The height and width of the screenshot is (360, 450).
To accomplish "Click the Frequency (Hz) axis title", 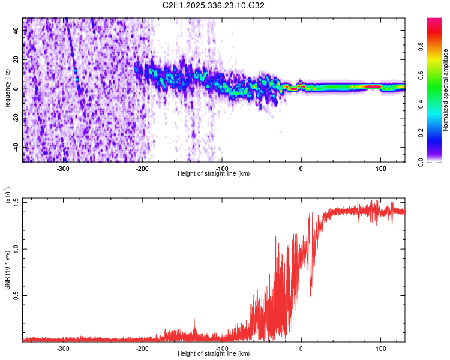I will tap(7, 89).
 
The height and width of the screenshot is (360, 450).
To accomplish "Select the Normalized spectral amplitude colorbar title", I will tap(445, 89).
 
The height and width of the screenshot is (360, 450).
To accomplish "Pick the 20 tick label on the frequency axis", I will tap(16, 59).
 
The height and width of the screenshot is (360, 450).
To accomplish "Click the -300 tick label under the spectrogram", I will tap(64, 169).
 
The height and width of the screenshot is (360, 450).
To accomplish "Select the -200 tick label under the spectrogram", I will tap(143, 169).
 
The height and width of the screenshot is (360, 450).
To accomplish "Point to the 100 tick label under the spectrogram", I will tap(380, 169).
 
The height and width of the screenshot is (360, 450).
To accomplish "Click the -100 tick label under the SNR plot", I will tap(222, 349).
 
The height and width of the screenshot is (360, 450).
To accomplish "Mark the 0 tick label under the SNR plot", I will tap(301, 349).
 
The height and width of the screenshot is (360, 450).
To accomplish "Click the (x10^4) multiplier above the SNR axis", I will tap(7, 196).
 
